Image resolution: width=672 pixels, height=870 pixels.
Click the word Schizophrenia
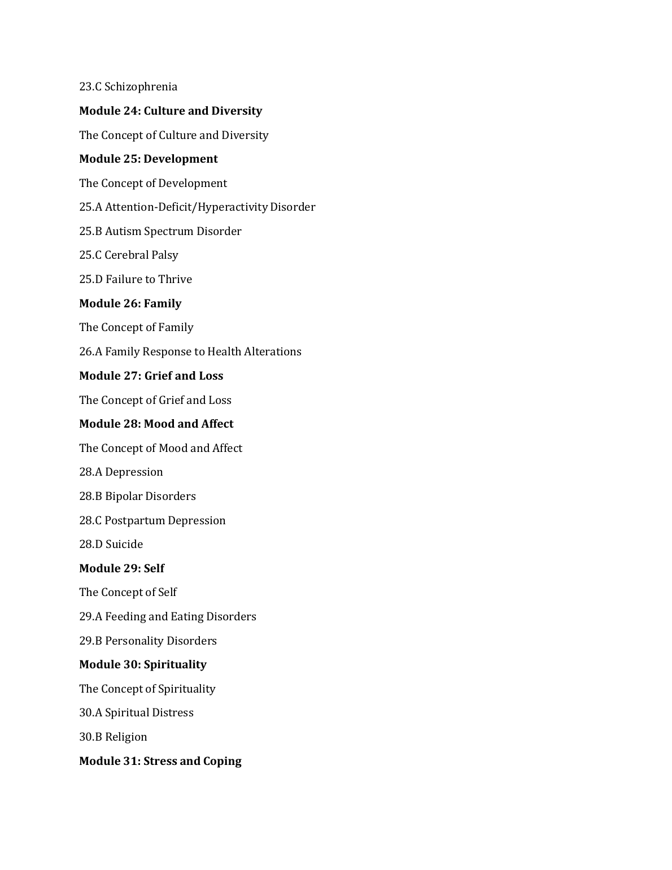coord(141,87)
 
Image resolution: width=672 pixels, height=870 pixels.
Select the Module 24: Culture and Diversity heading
coord(171,111)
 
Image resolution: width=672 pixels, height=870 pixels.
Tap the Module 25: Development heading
coord(149,159)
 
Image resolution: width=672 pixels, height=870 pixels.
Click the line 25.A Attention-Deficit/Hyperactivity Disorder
coord(197,207)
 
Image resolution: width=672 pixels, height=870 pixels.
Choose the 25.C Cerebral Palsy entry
coord(129,255)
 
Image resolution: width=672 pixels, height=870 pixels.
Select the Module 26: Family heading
coord(130,303)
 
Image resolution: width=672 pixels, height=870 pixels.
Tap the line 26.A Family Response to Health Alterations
coord(190,352)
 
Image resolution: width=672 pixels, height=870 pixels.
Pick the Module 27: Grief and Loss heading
coord(151,376)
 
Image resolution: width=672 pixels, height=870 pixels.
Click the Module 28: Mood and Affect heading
coord(156,424)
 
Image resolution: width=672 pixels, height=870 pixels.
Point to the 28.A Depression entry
coord(121,472)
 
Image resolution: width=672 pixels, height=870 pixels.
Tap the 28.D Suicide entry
coord(111,545)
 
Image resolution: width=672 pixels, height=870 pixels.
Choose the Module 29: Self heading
coord(122,568)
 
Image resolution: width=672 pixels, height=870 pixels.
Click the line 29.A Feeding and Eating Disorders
coord(168,617)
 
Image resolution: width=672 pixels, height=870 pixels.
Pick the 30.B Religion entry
coord(113,737)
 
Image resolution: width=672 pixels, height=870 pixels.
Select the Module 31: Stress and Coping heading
coord(160,761)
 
